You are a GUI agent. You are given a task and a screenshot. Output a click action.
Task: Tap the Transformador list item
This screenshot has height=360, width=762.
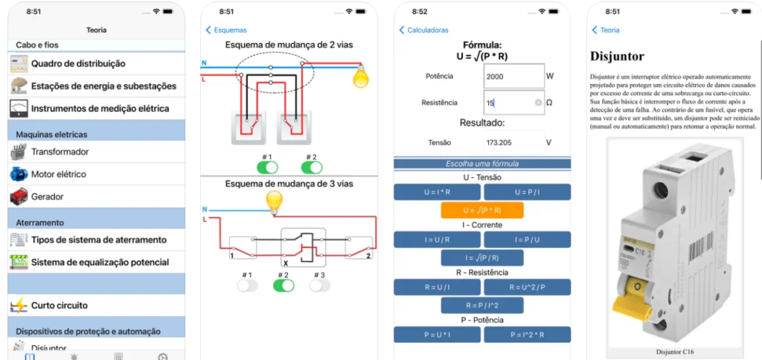[60, 152]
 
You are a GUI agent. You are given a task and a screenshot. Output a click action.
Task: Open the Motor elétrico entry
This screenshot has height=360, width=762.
[58, 174]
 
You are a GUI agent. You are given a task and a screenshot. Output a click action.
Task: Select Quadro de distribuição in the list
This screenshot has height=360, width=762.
[77, 64]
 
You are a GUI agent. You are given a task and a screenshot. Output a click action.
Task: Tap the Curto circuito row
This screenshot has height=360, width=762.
[59, 306]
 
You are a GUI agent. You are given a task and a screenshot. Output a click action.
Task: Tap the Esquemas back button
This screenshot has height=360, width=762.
[226, 30]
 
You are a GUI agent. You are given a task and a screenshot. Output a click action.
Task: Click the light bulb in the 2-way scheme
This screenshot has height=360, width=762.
[361, 75]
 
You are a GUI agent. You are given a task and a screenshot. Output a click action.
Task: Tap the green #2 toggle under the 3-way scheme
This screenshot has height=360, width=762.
[283, 286]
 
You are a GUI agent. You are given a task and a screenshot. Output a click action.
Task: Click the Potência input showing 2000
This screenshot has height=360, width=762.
[513, 76]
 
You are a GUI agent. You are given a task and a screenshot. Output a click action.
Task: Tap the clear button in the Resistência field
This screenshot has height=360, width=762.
[538, 103]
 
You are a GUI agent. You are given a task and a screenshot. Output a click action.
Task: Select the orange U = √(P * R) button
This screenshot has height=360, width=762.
[482, 210]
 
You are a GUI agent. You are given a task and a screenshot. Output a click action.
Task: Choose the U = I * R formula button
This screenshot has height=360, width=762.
[437, 192]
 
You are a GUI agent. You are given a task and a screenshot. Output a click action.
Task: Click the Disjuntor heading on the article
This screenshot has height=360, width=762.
[617, 57]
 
